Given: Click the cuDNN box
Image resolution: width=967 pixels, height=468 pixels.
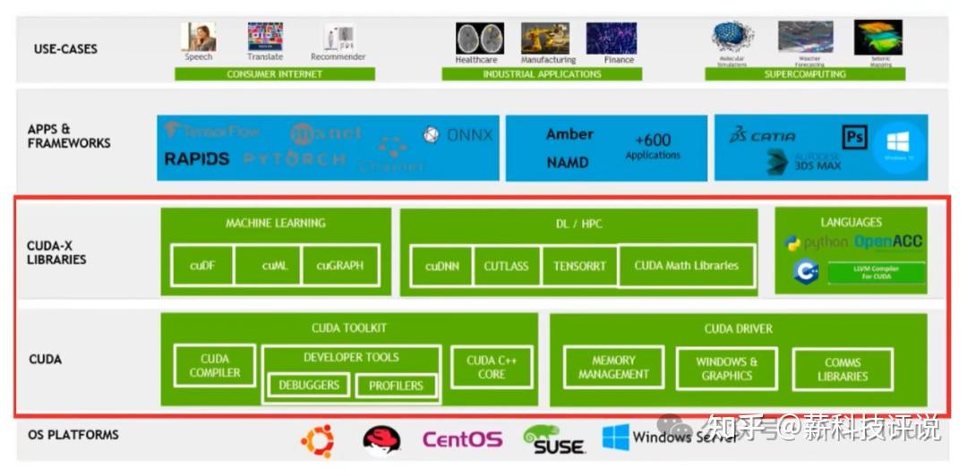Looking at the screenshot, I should tap(442, 266).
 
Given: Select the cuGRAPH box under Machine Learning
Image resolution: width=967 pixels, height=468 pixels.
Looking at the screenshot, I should tap(339, 265).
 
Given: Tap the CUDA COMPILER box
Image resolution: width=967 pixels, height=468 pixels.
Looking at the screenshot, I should tap(215, 366).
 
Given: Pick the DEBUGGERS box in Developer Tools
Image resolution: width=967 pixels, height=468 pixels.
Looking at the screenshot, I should tap(309, 385).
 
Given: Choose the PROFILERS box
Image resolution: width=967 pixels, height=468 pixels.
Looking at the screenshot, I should tap(396, 386).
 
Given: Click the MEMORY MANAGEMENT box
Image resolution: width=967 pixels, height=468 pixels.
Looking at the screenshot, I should tap(613, 367).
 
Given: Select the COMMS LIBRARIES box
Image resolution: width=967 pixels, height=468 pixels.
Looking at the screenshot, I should tap(842, 370).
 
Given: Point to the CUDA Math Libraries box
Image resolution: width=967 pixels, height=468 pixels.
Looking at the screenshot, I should tap(686, 266).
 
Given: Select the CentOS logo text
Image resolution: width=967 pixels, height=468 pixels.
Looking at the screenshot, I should tap(462, 439).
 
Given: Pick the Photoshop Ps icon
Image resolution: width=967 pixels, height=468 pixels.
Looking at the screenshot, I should tap(854, 137).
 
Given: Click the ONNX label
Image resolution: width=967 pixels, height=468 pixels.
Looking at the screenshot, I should tap(469, 135).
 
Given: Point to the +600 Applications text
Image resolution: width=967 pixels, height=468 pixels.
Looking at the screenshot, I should tap(653, 146).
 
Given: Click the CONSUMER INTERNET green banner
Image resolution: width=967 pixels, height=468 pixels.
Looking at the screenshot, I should tap(274, 74).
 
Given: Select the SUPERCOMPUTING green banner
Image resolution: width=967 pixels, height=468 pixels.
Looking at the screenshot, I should tap(804, 74).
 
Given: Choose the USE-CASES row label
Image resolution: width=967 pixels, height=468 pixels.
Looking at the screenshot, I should tap(65, 48).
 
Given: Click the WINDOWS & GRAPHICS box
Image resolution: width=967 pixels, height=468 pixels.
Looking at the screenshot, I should tap(726, 369).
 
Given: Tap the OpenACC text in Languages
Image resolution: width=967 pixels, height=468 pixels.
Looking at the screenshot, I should tap(887, 242).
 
